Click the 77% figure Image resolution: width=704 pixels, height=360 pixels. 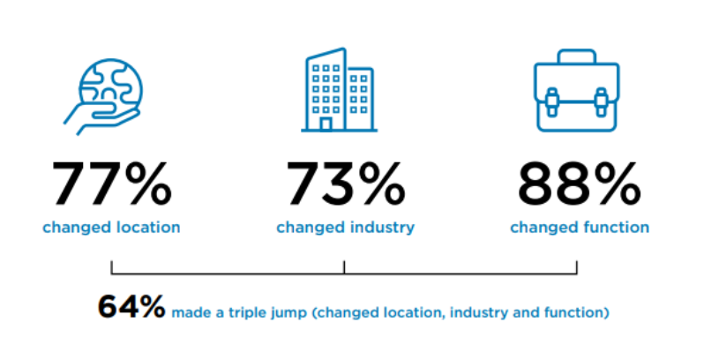tap(112, 184)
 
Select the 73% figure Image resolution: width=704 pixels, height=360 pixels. tap(346, 184)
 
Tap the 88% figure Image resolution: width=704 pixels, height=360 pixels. tap(580, 184)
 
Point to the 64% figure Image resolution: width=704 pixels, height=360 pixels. tap(131, 307)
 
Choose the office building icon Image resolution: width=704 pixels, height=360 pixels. tap(339, 90)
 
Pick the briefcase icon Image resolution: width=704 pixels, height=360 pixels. tap(577, 91)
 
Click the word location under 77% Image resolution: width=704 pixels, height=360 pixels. tap(148, 227)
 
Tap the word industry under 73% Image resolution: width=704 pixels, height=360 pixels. tap(382, 228)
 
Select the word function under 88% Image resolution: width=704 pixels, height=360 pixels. tap(616, 227)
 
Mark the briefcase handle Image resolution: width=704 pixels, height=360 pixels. tap(577, 56)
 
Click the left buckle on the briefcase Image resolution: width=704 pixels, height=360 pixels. tap(551, 102)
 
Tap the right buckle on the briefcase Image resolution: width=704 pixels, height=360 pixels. tap(601, 102)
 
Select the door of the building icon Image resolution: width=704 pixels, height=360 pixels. tap(326, 124)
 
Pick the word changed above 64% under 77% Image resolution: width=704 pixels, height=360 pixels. tap(77, 228)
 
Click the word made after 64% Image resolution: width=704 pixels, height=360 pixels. tap(188, 313)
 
